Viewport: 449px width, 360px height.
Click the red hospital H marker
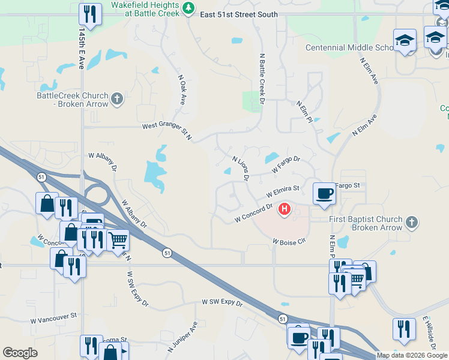(285, 210)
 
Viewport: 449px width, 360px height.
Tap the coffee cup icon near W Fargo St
(324, 193)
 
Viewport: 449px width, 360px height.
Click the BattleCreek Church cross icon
(117, 98)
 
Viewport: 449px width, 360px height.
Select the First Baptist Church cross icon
(411, 223)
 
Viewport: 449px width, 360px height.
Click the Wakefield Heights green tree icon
(189, 8)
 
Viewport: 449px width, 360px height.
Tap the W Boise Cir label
(289, 241)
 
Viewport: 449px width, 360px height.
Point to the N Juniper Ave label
(183, 338)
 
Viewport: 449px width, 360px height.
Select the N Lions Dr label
(240, 169)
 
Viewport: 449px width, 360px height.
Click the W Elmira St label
(283, 192)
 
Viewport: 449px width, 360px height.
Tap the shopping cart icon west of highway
(118, 240)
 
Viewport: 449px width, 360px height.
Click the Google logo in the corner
(20, 353)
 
